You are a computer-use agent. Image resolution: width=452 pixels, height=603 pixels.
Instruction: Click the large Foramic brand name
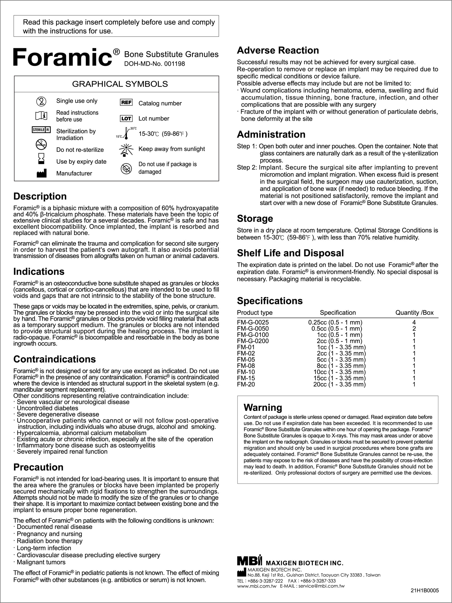click(x=63, y=57)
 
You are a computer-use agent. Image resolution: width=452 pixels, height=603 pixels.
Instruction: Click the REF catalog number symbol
click(x=126, y=102)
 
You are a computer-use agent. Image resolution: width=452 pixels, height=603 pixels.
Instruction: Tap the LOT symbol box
click(x=126, y=118)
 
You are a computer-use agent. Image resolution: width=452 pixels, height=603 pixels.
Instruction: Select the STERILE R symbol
click(x=41, y=130)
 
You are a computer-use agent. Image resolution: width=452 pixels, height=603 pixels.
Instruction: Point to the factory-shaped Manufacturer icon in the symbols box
click(x=41, y=173)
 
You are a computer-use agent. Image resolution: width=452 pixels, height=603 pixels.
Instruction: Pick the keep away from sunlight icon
click(x=126, y=149)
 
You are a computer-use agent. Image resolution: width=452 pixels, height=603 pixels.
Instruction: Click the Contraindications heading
click(x=54, y=359)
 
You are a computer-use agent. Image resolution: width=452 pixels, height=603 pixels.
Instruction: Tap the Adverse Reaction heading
click(x=278, y=50)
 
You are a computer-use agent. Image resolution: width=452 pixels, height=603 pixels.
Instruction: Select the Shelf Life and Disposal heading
click(x=290, y=253)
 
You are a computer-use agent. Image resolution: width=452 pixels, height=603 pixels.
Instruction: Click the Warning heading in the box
click(x=263, y=407)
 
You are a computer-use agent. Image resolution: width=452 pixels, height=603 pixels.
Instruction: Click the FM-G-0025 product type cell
click(x=253, y=322)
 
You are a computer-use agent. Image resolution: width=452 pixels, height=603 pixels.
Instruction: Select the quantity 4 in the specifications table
click(x=414, y=322)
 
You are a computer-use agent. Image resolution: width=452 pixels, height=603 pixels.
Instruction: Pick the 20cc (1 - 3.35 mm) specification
click(x=339, y=384)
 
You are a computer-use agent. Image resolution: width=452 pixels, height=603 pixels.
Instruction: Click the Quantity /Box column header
click(x=414, y=313)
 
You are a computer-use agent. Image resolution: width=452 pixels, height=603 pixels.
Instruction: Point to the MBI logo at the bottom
click(x=249, y=560)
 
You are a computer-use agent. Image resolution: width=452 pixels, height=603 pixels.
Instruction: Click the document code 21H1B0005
click(x=424, y=591)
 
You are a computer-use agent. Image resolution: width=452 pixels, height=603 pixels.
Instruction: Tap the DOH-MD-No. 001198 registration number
click(x=154, y=64)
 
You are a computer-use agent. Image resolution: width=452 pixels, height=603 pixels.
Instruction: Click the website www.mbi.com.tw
click(x=257, y=586)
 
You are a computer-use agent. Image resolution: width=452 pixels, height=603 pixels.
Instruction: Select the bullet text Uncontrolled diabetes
click(x=47, y=408)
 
